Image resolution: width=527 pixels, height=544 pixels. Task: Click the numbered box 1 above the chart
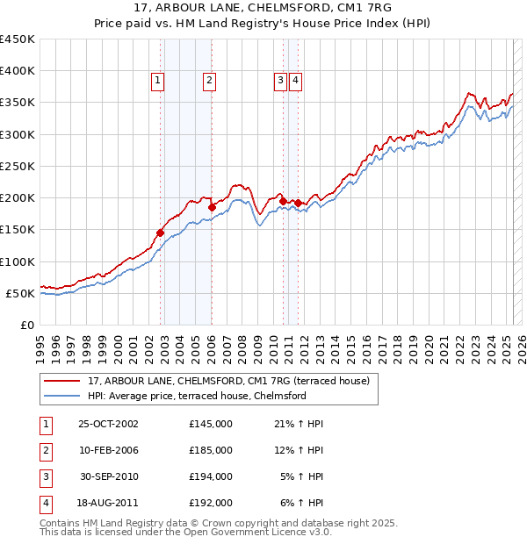pyautogui.click(x=158, y=81)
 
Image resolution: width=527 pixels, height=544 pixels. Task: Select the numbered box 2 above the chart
pyautogui.click(x=210, y=81)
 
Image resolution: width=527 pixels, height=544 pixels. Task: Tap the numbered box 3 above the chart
pyautogui.click(x=280, y=81)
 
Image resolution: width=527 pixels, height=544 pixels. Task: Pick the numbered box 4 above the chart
pyautogui.click(x=296, y=81)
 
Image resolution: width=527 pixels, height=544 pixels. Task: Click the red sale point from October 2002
pyautogui.click(x=161, y=233)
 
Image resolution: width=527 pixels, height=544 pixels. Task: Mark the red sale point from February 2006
pyautogui.click(x=212, y=207)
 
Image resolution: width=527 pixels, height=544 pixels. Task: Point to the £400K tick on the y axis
pyautogui.click(x=18, y=71)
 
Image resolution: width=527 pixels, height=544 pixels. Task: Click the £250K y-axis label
pyautogui.click(x=18, y=166)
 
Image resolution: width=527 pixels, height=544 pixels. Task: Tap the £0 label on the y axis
pyautogui.click(x=28, y=325)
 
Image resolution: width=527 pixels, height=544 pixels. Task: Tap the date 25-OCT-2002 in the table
pyautogui.click(x=108, y=424)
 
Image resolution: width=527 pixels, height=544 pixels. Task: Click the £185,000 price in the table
pyautogui.click(x=210, y=450)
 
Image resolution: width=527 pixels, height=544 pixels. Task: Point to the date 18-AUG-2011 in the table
pyautogui.click(x=108, y=503)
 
